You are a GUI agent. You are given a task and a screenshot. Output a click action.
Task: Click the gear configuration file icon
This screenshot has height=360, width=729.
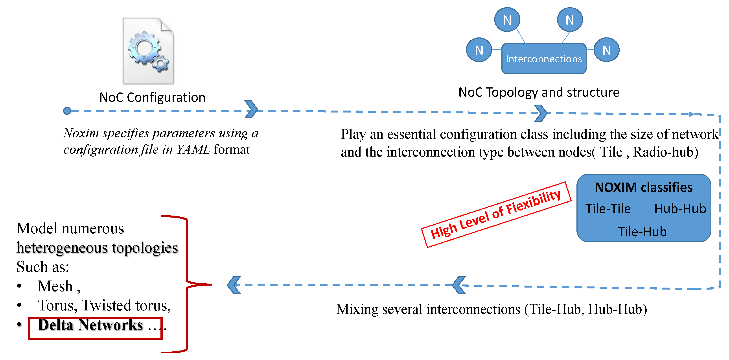(x=148, y=51)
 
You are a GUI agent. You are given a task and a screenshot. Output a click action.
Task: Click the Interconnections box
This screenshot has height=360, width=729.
(x=543, y=59)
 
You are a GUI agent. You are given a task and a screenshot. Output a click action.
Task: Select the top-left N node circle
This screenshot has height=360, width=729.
(x=507, y=20)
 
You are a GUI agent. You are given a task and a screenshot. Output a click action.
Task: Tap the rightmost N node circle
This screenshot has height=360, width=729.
(x=606, y=50)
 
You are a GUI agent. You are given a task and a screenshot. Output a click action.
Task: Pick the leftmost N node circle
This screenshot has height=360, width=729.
(x=479, y=50)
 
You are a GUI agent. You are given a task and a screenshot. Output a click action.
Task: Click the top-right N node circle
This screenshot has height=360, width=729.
(x=570, y=20)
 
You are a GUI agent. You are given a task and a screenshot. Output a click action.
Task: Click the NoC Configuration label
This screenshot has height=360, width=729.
(x=152, y=97)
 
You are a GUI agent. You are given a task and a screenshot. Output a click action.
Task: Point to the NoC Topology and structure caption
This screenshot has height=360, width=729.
(x=539, y=92)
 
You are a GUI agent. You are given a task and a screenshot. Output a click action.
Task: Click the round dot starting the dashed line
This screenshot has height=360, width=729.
(x=67, y=111)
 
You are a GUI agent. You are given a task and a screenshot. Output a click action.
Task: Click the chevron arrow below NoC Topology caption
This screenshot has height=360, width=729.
(x=541, y=113)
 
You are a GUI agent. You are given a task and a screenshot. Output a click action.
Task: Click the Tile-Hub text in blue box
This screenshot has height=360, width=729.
(x=642, y=232)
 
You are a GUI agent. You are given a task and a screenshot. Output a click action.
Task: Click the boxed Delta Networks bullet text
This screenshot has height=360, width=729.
(x=90, y=325)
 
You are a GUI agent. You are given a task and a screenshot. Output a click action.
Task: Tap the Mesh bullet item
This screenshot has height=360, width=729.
(x=55, y=286)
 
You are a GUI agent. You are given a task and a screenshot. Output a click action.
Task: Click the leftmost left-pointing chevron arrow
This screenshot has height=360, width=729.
(x=234, y=285)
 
